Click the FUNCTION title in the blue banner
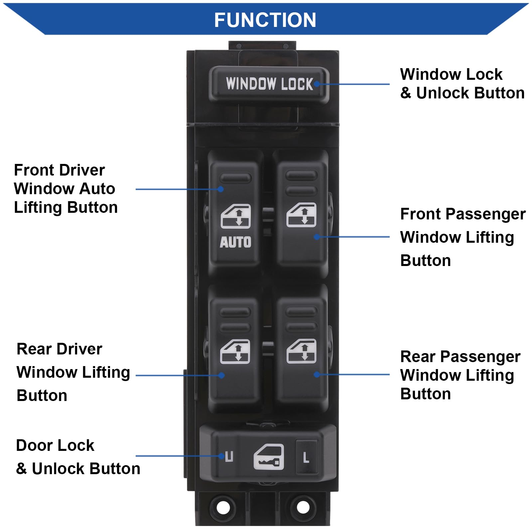coord(265,20)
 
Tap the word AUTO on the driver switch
coord(235,242)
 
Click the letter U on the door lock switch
coord(229,457)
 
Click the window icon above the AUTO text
coord(236,216)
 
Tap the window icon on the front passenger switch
coord(301,215)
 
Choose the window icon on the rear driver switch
coord(235,351)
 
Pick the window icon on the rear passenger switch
coord(301,351)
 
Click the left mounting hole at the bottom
coord(223,507)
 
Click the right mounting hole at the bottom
coord(303,507)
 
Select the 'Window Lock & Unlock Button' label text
coord(462,83)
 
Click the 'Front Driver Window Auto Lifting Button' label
coord(66,189)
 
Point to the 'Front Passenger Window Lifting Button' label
coord(462,237)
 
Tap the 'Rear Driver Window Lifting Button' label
coord(73,372)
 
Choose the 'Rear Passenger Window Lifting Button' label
coord(460,375)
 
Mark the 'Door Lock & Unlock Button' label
coord(78,457)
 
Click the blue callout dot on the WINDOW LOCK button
coord(317,84)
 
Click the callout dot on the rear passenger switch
coord(317,375)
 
